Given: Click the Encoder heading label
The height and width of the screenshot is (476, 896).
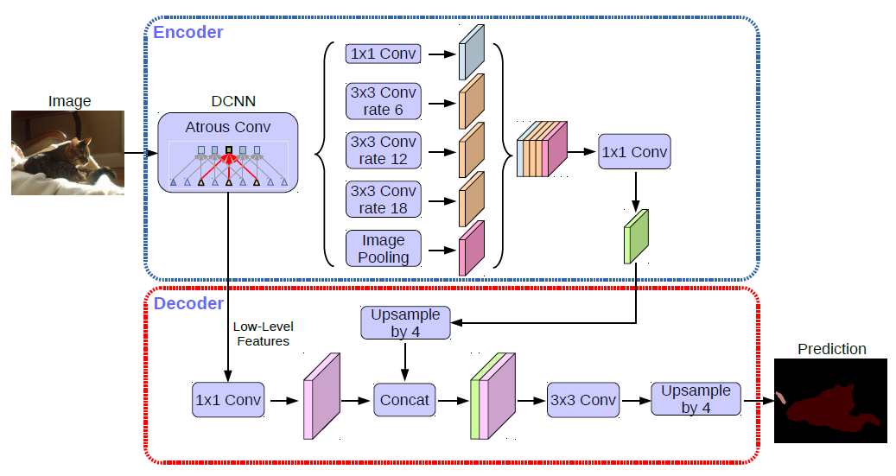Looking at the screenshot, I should [187, 33].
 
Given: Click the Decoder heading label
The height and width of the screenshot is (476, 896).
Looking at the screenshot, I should [188, 303].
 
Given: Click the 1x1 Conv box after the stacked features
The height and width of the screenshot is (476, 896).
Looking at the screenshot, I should [635, 152].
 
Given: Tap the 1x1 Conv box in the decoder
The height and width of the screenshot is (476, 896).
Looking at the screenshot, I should [228, 400].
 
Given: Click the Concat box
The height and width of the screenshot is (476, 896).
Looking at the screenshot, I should [404, 400].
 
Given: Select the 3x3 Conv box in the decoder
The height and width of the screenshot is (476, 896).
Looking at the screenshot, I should [583, 400].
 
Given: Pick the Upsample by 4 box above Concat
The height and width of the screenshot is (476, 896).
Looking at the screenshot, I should [405, 323].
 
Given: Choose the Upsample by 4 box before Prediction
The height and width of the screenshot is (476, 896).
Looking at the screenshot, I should [696, 399].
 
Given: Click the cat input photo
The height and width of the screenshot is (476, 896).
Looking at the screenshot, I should [67, 153].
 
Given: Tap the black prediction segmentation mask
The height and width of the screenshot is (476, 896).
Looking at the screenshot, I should [830, 401].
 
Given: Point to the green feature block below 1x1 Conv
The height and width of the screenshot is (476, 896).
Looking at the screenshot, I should [636, 237].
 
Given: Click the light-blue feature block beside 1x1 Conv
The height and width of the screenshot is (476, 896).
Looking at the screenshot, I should [473, 54].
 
